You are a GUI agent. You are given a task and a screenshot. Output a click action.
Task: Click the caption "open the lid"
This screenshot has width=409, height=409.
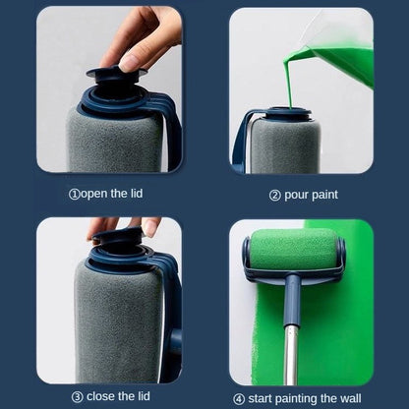(x=112, y=194)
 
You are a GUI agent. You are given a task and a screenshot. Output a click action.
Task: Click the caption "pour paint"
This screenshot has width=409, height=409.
(x=310, y=195)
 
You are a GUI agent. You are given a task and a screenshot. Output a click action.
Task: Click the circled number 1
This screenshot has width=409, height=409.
(x=74, y=194)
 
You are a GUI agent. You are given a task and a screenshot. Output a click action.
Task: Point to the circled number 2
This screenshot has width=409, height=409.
(x=274, y=195)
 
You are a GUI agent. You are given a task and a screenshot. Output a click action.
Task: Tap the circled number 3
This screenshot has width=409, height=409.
(x=76, y=396)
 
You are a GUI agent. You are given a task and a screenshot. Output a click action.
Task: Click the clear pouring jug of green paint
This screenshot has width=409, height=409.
(x=344, y=49)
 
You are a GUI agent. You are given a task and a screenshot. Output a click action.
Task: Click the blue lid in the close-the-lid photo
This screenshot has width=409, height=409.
(x=118, y=241)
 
